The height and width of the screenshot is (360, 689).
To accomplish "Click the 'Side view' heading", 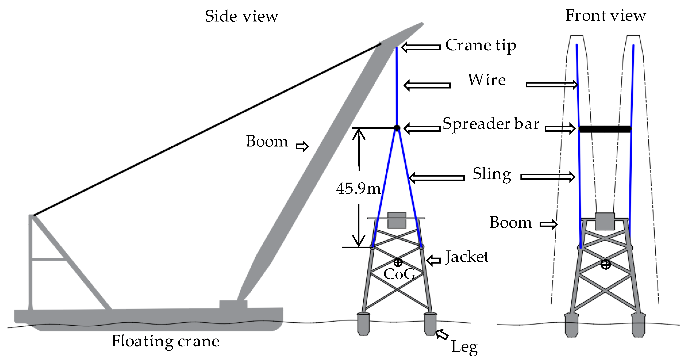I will [x=241, y=17].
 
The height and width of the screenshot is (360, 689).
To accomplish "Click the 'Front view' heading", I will [x=606, y=15].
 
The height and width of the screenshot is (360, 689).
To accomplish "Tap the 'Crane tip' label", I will [x=480, y=46].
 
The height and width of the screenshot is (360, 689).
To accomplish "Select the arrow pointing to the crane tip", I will [x=421, y=47].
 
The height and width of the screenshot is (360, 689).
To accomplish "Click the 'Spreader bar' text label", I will [x=491, y=124].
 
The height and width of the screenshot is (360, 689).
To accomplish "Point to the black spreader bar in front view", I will [x=605, y=129].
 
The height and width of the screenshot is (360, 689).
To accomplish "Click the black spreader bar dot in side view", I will [x=397, y=128].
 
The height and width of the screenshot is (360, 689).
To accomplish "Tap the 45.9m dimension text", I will [x=358, y=188].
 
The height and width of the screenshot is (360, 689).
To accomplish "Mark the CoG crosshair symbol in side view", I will [x=398, y=262].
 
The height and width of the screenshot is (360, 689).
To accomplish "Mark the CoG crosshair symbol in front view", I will [x=606, y=265].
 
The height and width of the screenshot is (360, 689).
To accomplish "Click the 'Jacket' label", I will [x=467, y=257].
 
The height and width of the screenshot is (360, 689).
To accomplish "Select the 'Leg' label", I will [x=464, y=347].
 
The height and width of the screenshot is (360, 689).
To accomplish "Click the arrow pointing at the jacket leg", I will [x=442, y=334].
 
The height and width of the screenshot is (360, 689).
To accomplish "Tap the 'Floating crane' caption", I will [x=165, y=342].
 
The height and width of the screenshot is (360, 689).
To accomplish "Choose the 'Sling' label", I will [x=492, y=174].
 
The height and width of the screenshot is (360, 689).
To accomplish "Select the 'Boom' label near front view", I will [x=510, y=222].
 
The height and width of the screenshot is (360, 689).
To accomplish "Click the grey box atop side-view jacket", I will [x=397, y=220].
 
